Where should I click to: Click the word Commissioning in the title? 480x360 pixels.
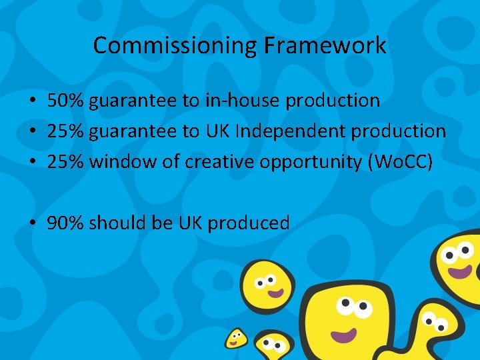[x=175, y=45]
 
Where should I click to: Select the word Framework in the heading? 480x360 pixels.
[x=325, y=45]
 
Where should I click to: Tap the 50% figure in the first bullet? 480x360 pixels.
[x=65, y=101]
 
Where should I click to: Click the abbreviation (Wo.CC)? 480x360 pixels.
[x=397, y=162]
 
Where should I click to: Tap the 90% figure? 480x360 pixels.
[x=65, y=223]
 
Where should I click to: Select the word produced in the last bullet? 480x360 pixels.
[x=249, y=223]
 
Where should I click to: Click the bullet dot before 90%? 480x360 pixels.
[x=32, y=224]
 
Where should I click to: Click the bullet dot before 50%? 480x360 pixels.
[x=32, y=101]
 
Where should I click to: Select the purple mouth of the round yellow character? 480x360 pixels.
[x=273, y=292]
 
